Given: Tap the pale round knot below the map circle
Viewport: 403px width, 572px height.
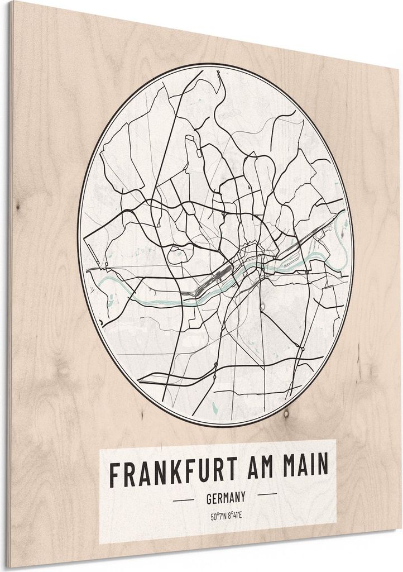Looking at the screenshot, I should [x=285, y=414].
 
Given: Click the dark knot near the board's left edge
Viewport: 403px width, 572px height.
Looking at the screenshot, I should [x=18, y=208].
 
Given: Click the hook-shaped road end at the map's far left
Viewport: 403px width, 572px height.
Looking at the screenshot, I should [x=100, y=323].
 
